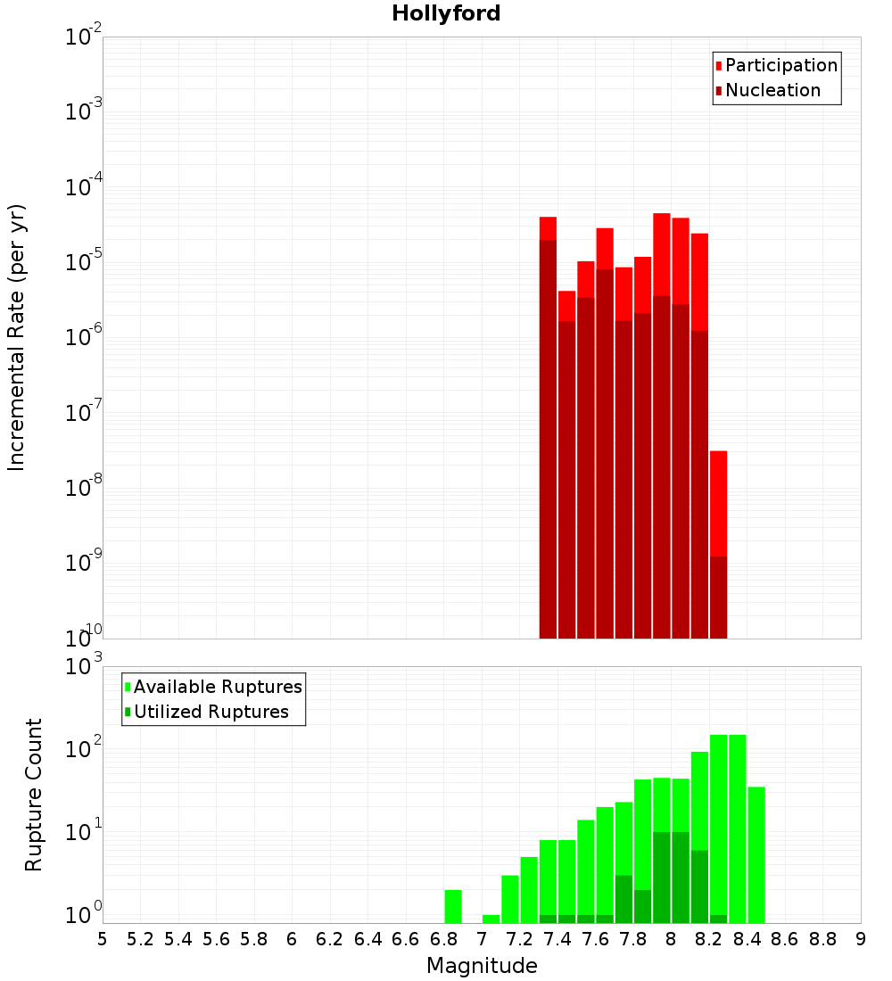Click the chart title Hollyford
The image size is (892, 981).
[446, 13]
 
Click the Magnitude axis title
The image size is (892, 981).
[482, 966]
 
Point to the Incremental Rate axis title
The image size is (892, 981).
[17, 338]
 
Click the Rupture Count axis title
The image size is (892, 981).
[34, 795]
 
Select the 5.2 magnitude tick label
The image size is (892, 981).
[140, 938]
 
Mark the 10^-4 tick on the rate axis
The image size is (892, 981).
[84, 187]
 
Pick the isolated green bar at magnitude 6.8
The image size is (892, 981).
[453, 906]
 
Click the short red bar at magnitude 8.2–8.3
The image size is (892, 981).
[719, 504]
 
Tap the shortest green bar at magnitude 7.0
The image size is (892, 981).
[491, 919]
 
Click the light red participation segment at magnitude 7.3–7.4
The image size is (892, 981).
[548, 228]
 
